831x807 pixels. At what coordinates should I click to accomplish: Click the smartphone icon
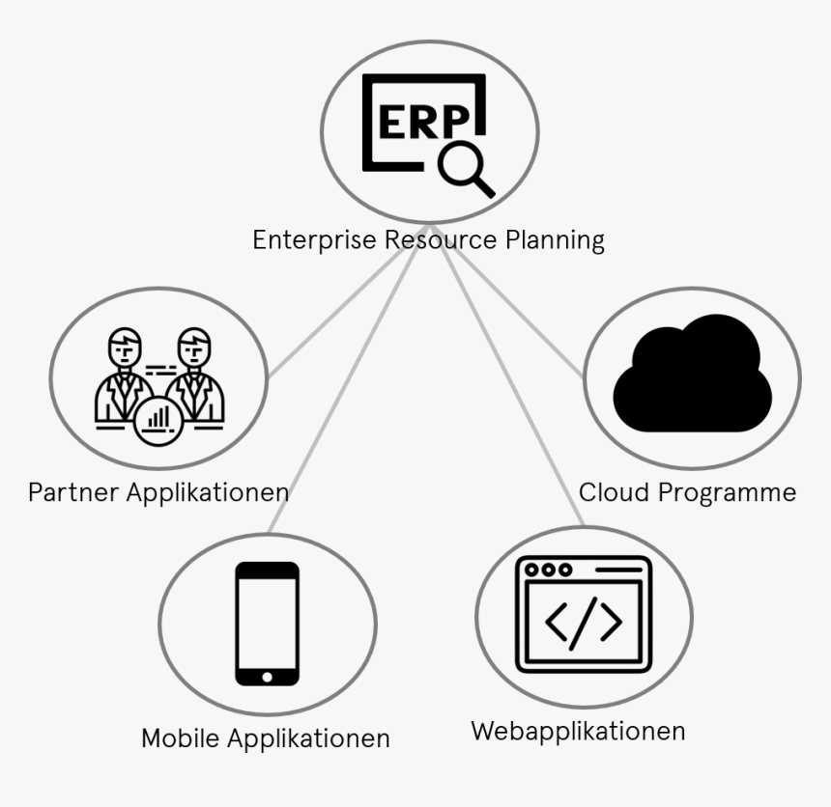268,623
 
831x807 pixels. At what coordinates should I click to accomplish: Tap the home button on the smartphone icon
268,674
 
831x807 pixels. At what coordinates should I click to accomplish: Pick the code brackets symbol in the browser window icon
584,624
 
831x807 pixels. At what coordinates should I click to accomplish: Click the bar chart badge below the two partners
158,419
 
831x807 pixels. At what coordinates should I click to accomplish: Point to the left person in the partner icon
124,376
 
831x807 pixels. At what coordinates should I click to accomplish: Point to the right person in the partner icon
195,376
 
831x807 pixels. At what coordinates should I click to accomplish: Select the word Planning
555,239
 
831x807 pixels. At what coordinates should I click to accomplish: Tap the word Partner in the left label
74,492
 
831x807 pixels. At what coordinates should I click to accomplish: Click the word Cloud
615,492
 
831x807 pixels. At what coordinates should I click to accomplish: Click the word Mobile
181,738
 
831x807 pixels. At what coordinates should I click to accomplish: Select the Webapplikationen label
578,731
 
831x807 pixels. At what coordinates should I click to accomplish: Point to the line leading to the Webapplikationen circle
512,396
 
